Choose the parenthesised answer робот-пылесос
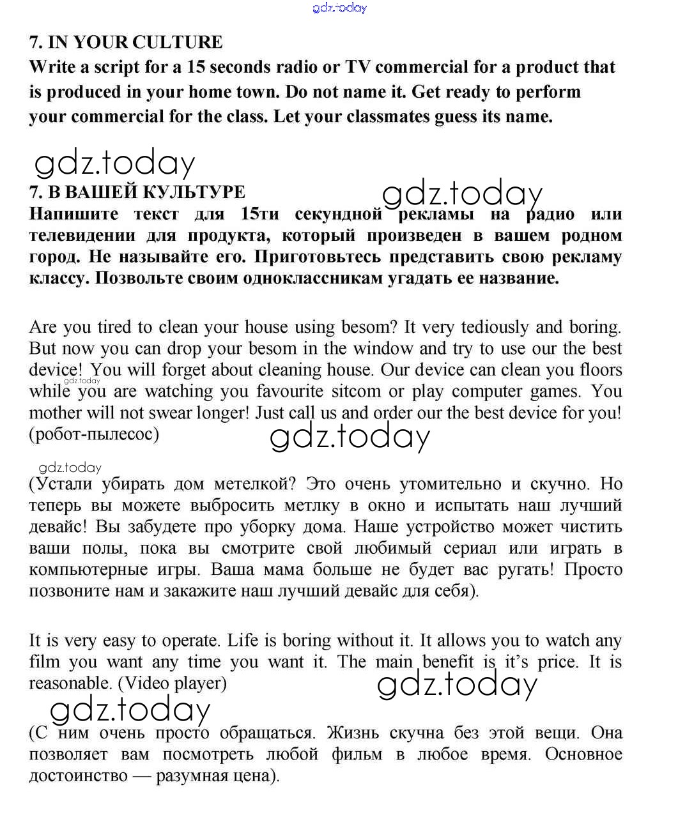[x=94, y=434]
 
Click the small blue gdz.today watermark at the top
[x=339, y=8]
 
